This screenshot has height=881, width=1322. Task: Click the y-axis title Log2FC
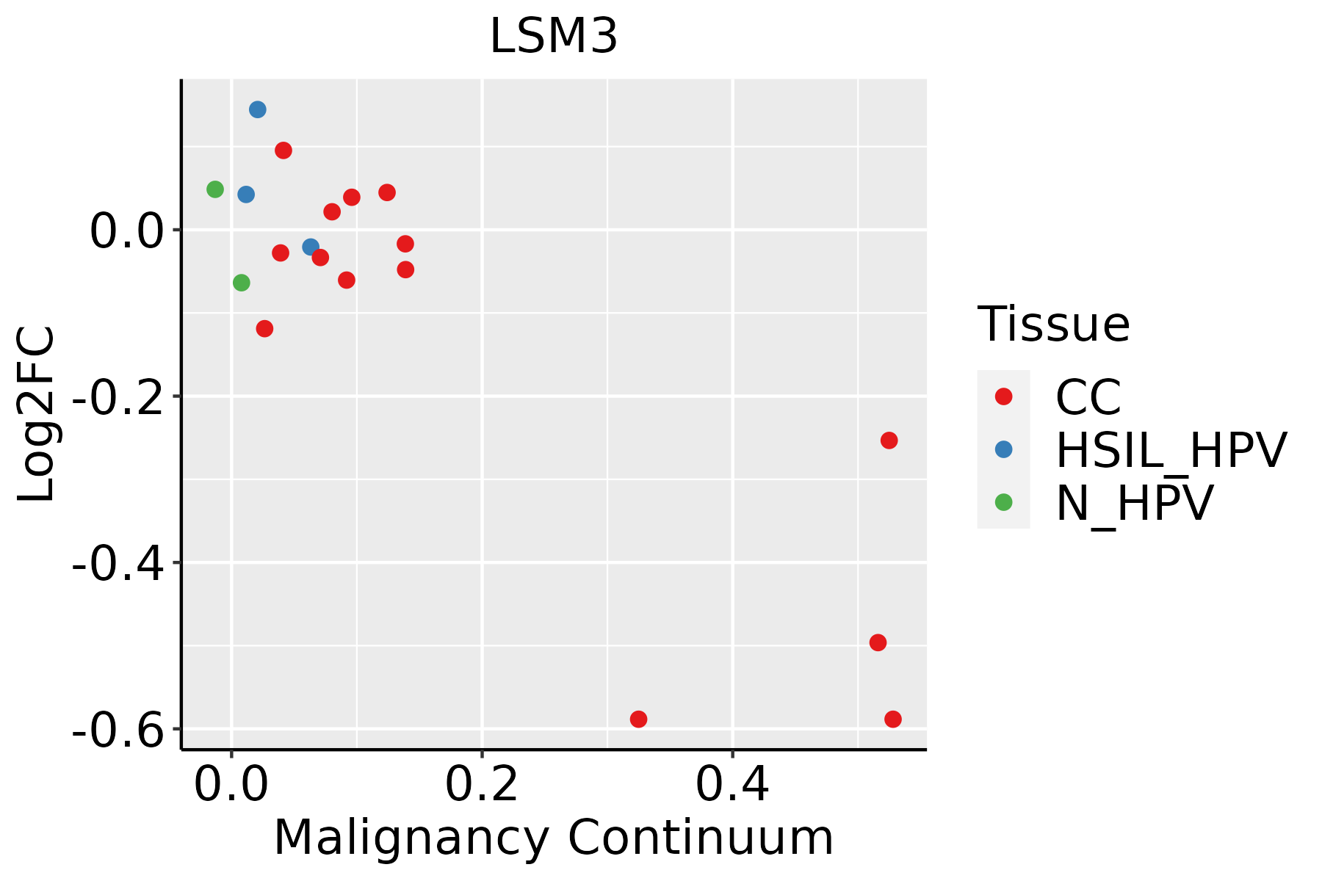(37, 414)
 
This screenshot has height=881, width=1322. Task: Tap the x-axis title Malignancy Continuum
(553, 838)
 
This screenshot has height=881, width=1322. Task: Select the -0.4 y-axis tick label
(118, 563)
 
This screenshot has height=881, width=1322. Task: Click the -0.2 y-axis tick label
(118, 396)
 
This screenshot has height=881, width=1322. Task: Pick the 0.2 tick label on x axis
(481, 785)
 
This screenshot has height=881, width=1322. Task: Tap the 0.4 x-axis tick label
(732, 785)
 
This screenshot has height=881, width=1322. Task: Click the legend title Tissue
(1053, 325)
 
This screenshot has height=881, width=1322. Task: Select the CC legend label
(1088, 397)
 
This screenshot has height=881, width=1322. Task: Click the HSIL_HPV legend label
(1171, 450)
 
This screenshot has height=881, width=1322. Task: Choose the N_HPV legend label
(1134, 503)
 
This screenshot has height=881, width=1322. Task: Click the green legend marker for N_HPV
(1003, 502)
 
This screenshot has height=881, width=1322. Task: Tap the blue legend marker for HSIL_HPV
(1003, 449)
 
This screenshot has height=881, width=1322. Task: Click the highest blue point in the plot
(258, 110)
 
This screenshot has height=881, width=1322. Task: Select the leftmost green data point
(215, 189)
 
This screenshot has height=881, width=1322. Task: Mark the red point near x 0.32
(639, 719)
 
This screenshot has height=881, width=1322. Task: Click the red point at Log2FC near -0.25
(889, 440)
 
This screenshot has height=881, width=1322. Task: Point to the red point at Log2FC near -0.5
(878, 642)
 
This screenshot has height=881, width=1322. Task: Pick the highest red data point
(283, 151)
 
